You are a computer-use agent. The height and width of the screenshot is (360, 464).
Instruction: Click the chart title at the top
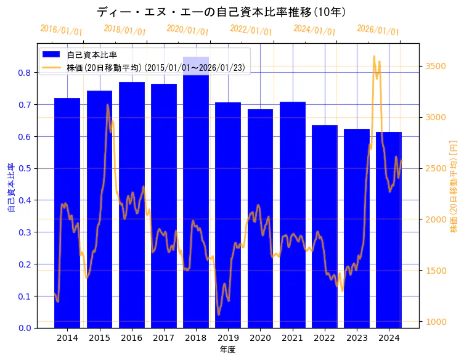tap(222, 12)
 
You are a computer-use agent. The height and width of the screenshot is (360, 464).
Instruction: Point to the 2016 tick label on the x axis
tap(131, 338)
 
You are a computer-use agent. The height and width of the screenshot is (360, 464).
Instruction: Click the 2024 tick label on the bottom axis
tap(389, 338)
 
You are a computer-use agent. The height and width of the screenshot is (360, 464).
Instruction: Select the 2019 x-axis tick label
tap(228, 338)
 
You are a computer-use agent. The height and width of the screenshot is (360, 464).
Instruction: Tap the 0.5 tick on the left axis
tap(24, 168)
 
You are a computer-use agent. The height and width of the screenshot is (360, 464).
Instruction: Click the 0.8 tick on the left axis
tap(24, 73)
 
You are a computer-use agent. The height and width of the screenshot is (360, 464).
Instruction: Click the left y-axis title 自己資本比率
tap(10, 188)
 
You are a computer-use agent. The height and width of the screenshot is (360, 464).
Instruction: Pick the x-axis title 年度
tap(228, 350)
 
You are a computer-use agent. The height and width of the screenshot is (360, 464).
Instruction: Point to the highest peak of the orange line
tap(374, 56)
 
